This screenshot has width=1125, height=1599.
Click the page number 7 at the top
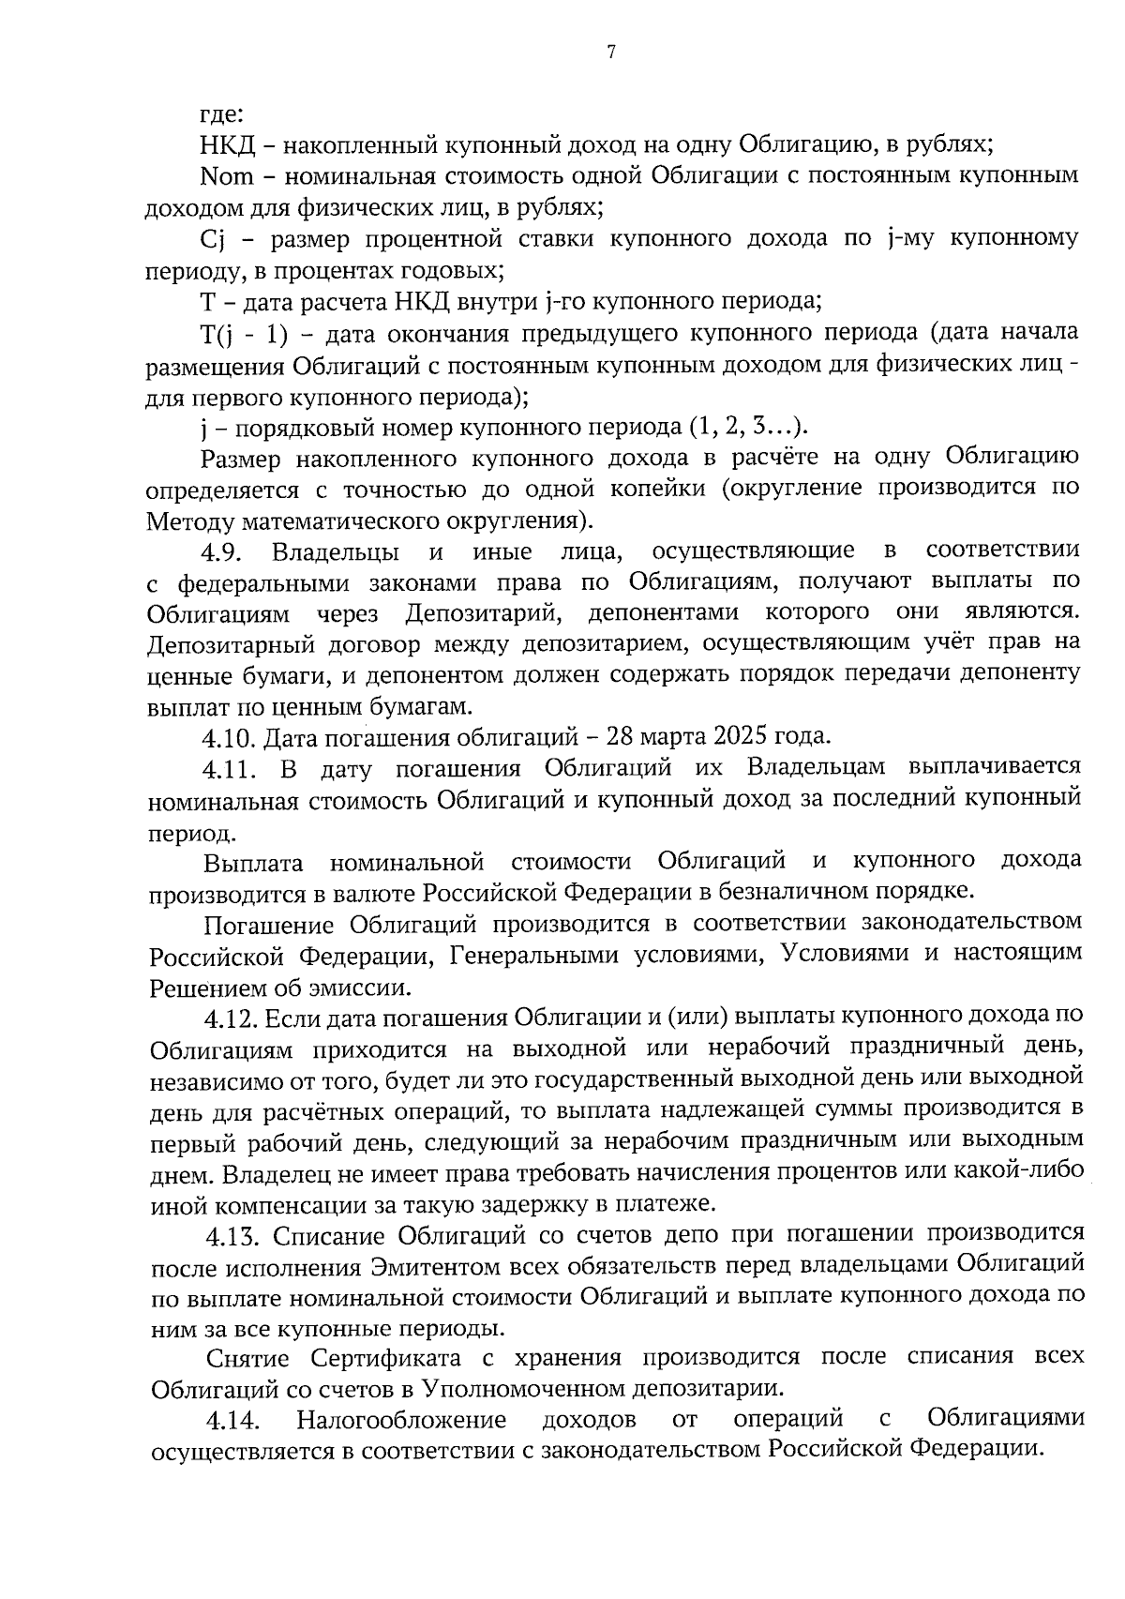coord(610,53)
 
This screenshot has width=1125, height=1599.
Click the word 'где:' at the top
coord(223,114)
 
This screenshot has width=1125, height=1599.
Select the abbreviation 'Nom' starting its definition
coord(222,176)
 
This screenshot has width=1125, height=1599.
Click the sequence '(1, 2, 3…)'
coord(747,428)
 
